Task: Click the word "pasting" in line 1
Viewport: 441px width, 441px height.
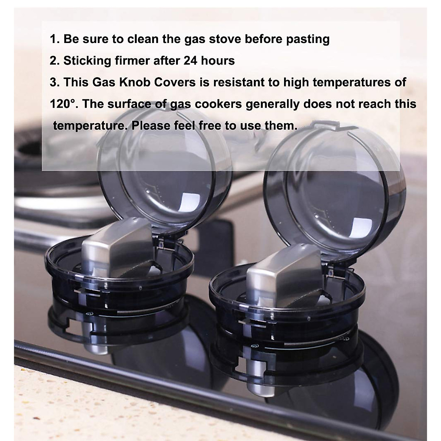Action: click(308, 39)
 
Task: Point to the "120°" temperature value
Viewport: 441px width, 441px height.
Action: click(63, 104)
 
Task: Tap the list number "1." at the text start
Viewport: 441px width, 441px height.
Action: click(55, 39)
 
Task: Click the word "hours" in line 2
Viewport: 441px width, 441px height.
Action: click(218, 61)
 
